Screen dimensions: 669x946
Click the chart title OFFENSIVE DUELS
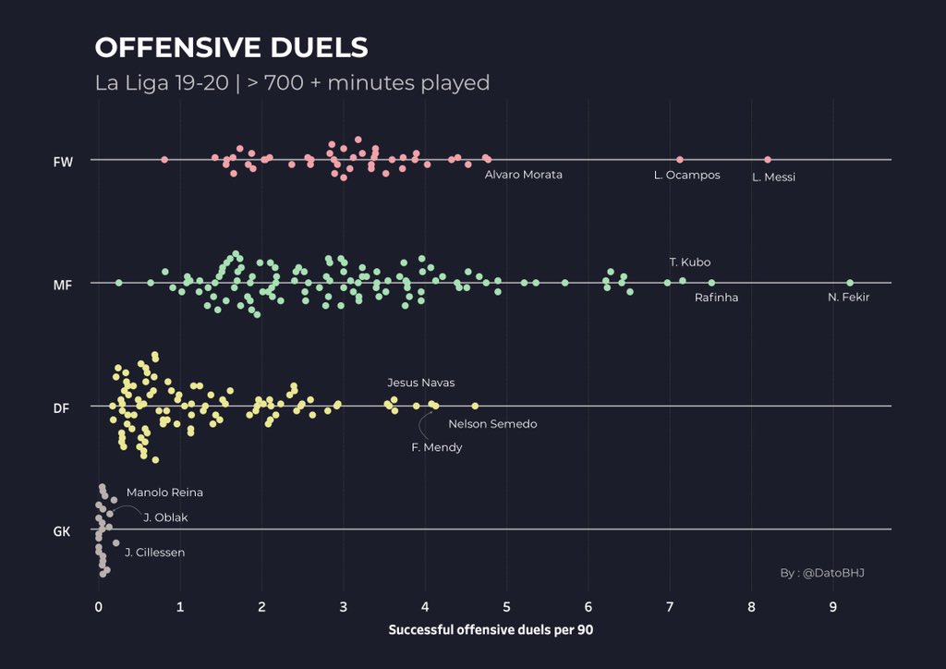point(232,48)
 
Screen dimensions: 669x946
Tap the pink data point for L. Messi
point(768,160)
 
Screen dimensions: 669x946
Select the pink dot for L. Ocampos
point(680,160)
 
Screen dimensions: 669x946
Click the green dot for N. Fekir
point(850,283)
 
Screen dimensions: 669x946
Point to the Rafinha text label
point(716,298)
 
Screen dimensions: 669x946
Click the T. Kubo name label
point(690,262)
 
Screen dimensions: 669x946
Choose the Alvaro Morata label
point(523,175)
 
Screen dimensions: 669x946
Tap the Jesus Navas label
point(420,383)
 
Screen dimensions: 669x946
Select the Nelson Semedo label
point(492,424)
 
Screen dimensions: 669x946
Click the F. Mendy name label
point(436,447)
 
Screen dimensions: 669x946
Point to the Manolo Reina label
point(164,493)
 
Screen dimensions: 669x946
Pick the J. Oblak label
point(165,517)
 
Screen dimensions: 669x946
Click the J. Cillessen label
point(154,553)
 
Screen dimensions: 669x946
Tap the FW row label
point(63,162)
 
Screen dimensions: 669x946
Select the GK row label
point(62,531)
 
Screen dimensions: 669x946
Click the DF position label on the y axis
point(62,407)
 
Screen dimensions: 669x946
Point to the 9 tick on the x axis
point(833,607)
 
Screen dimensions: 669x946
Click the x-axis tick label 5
point(506,607)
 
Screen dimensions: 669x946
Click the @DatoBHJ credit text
point(822,573)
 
